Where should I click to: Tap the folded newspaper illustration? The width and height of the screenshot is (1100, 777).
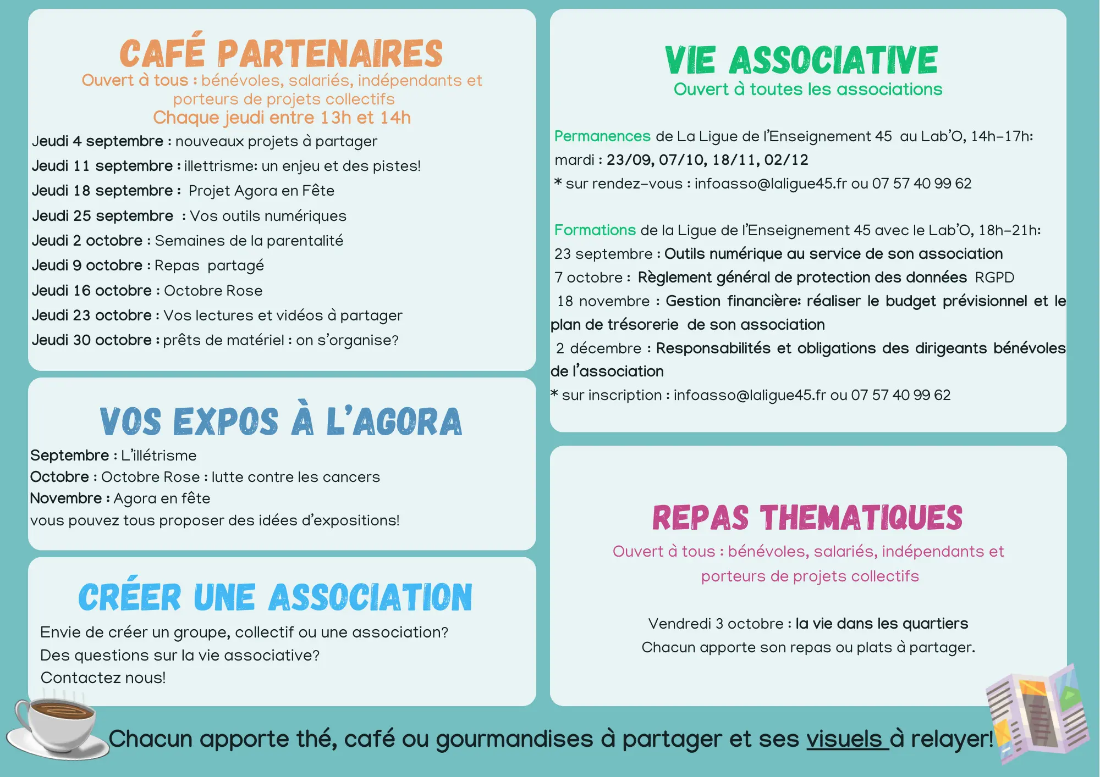(x=1037, y=714)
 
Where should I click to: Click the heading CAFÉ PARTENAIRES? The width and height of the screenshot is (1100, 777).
(x=281, y=53)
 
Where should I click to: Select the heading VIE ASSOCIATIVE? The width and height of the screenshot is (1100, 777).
(x=801, y=60)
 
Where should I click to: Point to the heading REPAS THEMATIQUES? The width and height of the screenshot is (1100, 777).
(x=807, y=518)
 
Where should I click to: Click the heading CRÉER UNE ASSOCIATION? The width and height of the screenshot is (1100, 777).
(x=275, y=597)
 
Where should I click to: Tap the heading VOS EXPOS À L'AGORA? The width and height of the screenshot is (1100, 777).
(x=280, y=421)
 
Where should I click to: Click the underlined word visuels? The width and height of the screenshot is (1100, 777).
(x=845, y=739)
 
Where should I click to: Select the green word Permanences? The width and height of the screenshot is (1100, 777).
(x=602, y=136)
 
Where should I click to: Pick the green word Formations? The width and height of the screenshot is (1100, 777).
(x=595, y=230)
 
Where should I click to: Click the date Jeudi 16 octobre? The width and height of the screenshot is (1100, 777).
(x=91, y=291)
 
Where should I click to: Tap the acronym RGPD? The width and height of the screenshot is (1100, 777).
(x=994, y=277)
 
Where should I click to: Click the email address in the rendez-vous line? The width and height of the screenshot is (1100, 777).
(x=771, y=184)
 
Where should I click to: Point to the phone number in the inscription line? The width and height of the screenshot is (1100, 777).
(x=901, y=395)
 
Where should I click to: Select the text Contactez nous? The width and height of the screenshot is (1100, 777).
(x=103, y=678)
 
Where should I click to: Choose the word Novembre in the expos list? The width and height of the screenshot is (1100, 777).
(x=66, y=498)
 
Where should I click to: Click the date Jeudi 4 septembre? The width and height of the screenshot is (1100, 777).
(x=97, y=141)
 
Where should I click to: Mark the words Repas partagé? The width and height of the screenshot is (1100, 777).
(x=209, y=265)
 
